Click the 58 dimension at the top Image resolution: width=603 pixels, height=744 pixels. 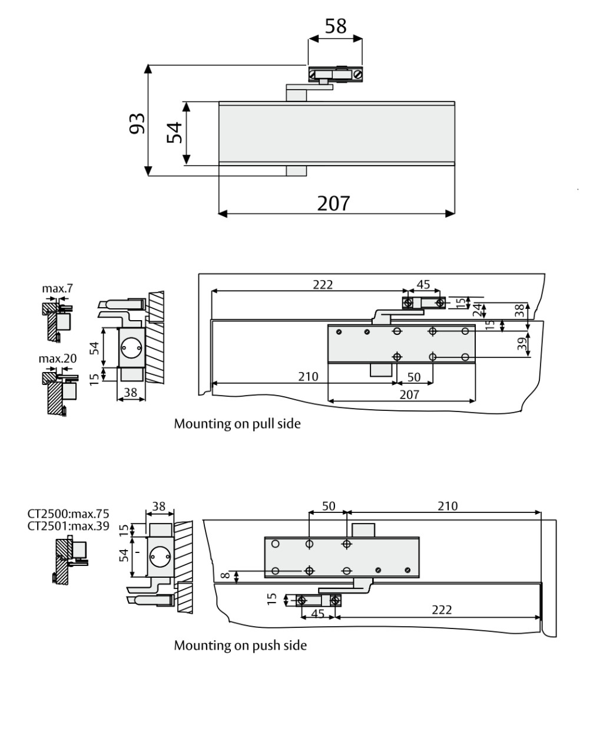click(336, 26)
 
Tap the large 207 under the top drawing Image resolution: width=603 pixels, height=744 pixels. click(333, 203)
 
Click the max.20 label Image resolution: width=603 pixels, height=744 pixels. click(58, 358)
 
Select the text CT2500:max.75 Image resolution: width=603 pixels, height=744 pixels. click(68, 513)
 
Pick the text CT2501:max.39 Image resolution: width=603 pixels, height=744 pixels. click(68, 526)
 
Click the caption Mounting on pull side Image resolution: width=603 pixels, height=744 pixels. click(237, 423)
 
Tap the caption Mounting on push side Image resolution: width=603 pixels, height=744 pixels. click(240, 645)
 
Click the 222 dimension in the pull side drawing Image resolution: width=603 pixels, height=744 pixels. click(322, 284)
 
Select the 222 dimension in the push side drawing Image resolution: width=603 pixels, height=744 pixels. click(442, 610)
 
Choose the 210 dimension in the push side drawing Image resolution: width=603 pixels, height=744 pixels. click(448, 506)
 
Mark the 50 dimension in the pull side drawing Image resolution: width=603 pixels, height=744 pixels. click(414, 377)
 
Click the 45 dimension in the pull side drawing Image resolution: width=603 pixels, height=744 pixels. click(423, 284)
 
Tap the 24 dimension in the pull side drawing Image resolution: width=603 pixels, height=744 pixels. click(478, 309)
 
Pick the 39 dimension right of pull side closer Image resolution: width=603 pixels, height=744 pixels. click(522, 344)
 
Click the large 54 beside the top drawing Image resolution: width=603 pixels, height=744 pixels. click(175, 133)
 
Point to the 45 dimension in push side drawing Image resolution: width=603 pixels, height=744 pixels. click(317, 613)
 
